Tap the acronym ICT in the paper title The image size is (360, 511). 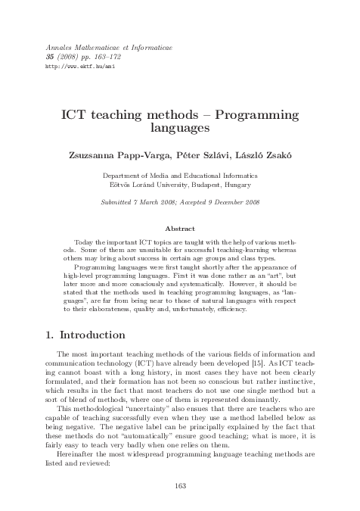point(78,114)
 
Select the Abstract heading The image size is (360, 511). point(179,228)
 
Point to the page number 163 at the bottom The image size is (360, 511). point(180,485)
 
